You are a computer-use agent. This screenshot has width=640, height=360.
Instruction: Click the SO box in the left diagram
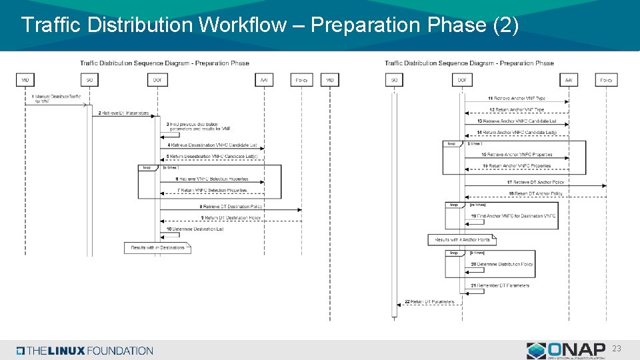[90, 79]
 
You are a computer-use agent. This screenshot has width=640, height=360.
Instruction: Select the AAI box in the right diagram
[569, 79]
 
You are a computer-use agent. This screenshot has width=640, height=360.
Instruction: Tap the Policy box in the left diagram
[301, 79]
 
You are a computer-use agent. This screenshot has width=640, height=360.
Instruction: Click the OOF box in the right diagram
[462, 79]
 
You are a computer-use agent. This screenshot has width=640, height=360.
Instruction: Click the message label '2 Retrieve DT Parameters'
[124, 113]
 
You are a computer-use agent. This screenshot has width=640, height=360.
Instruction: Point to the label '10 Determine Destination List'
[195, 229]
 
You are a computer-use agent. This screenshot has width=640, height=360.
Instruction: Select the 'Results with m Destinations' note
[157, 247]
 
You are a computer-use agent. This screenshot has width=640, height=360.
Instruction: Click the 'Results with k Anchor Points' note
[461, 239]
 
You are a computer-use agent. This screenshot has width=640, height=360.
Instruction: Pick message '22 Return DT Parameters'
[429, 301]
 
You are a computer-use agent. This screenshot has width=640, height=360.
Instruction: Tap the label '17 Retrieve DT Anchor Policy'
[535, 182]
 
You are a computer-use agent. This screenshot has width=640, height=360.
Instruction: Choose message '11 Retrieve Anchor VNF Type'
[516, 99]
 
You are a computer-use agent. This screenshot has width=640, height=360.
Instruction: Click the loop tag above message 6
[147, 168]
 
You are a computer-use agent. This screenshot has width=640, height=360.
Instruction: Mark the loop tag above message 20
[454, 253]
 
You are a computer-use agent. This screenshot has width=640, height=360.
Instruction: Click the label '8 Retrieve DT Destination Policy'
[231, 207]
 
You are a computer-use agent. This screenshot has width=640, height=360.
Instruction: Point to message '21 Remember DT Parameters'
[499, 285]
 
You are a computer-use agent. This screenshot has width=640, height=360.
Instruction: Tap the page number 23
[617, 348]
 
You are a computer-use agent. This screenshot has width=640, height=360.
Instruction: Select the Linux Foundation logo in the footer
[85, 351]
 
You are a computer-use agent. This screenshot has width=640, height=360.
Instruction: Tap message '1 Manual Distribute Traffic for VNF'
[57, 99]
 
